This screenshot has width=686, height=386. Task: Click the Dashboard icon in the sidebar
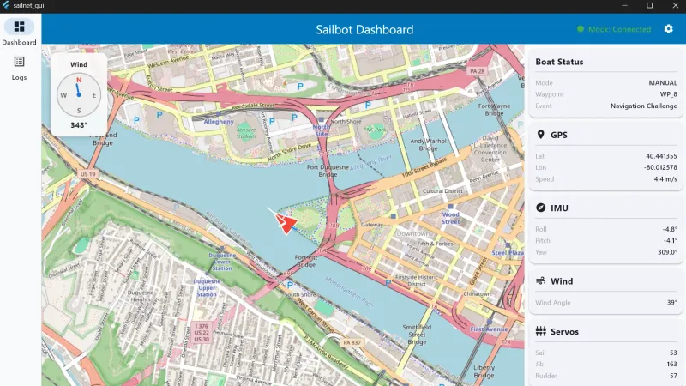(x=19, y=27)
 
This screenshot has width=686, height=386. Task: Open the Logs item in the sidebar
(x=19, y=63)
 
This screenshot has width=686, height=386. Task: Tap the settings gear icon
(x=669, y=29)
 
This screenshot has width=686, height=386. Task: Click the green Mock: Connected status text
(x=619, y=29)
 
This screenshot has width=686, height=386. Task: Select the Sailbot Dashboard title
(x=364, y=29)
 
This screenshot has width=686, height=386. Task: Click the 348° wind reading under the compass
(x=79, y=125)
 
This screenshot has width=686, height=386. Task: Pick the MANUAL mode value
(x=663, y=83)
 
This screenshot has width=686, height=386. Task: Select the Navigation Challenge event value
(x=644, y=106)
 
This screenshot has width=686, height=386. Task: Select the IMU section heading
(x=560, y=208)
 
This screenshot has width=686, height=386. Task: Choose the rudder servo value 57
(x=673, y=376)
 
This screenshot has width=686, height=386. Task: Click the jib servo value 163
(x=671, y=365)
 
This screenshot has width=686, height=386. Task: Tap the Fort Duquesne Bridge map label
(x=328, y=171)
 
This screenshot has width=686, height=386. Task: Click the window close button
(x=672, y=6)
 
